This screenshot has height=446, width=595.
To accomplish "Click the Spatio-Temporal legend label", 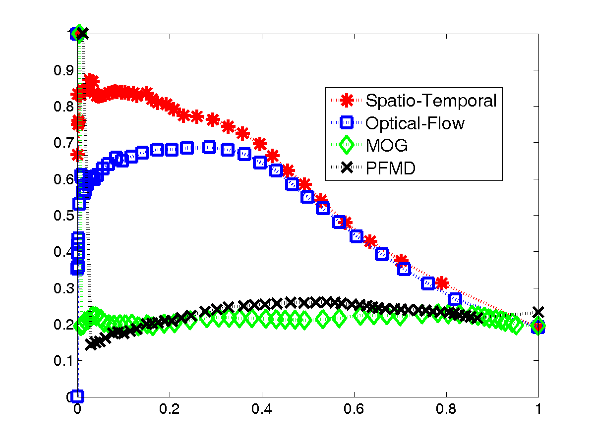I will coord(431,101).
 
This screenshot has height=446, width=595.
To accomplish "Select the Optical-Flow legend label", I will coord(415,123).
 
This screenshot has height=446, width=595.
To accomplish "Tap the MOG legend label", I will coord(387,146).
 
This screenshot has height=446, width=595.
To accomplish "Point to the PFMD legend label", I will coord(391,168).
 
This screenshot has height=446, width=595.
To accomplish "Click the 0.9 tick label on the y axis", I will coord(63,70).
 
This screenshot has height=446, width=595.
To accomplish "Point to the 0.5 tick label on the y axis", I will coord(63,215).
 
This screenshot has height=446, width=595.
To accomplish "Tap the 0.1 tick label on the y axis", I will coord(63,360).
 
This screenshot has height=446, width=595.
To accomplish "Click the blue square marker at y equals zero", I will coord(77,396).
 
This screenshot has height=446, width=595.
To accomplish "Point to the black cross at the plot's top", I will coord(83,34).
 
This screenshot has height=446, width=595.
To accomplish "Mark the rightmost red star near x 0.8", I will coord(441,283).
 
